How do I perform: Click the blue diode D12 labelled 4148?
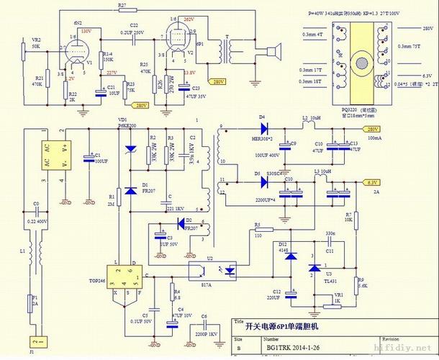tap(291, 256)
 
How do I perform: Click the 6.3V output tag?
tap(372, 183)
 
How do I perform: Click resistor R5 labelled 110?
tap(258, 230)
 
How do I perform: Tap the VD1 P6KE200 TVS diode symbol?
tap(129, 148)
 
